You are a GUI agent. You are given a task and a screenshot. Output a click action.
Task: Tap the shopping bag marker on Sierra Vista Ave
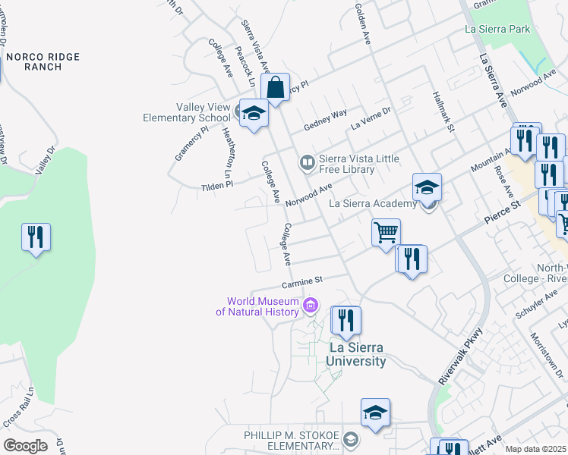[276, 86]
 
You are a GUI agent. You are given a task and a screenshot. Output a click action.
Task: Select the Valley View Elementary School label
[188, 112]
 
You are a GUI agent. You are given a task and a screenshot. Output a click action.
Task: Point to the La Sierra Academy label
[373, 203]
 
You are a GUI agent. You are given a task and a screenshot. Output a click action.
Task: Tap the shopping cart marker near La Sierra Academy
[387, 231]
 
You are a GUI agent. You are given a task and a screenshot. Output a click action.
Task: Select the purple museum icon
[309, 306]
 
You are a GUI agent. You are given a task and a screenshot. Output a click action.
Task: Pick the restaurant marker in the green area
[36, 237]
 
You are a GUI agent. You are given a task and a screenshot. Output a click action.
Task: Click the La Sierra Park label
[509, 30]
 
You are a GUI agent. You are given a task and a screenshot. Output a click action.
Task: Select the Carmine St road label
[302, 282]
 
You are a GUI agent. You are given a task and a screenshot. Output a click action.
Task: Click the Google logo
[25, 445]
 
